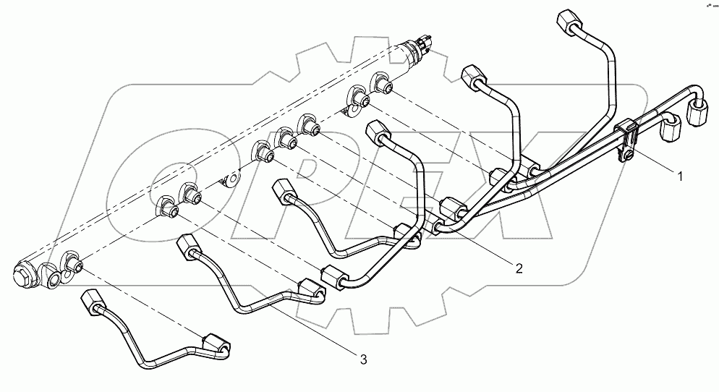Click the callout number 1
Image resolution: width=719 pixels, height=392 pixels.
(x=678, y=174)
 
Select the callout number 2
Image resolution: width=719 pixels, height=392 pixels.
(x=518, y=268)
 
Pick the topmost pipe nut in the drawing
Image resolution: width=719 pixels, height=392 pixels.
(x=569, y=22)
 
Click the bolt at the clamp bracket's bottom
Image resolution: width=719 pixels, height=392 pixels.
(x=631, y=155)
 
